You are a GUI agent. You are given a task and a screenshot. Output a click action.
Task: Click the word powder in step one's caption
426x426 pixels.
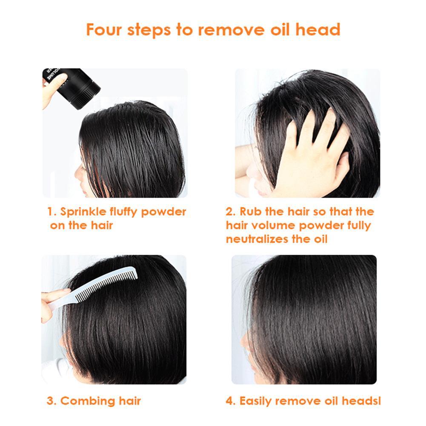tap(164, 212)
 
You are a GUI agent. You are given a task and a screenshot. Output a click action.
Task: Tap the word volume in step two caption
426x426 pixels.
tap(272, 226)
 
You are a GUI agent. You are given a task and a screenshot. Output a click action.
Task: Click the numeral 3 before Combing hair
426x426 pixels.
tap(50, 401)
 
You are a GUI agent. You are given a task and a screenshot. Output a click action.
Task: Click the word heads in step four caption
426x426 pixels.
tap(364, 401)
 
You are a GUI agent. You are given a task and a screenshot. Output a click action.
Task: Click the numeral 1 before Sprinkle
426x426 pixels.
tap(50, 212)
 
